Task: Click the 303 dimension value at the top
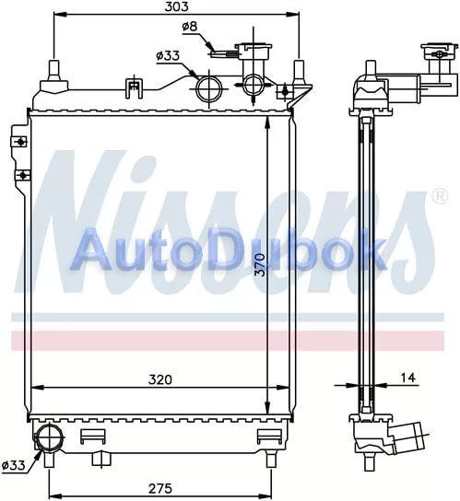coord(176,6)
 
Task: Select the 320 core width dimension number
coord(160,379)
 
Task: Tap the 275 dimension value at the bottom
coord(160,488)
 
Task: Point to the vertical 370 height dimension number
coord(261,265)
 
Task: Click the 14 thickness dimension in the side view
coord(408,378)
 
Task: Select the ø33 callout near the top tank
coord(168,56)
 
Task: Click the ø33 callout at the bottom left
coord(13,465)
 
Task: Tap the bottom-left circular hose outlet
coord(49,437)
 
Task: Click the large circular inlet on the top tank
coord(209,88)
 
